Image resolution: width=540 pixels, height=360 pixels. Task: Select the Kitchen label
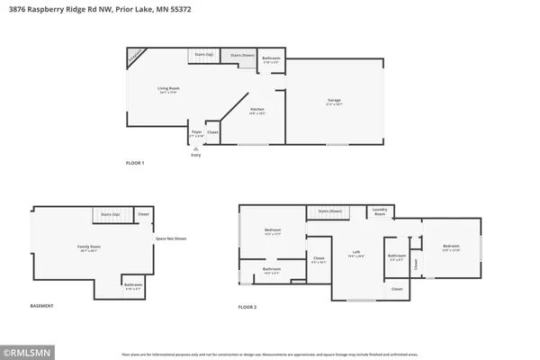tap(258, 110)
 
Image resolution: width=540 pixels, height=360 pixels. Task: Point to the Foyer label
tap(196, 131)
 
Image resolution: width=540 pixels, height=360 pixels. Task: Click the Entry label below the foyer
tap(196, 155)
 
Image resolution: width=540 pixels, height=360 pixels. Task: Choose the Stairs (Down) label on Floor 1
tap(238, 55)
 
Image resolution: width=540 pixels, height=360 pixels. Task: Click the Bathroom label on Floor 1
tap(271, 58)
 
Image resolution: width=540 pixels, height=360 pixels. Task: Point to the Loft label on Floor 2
tap(356, 253)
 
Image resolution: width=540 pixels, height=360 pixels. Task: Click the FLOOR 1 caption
tap(135, 163)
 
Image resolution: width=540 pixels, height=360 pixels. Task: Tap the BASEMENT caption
tap(42, 306)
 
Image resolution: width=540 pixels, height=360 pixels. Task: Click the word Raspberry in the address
tap(63, 8)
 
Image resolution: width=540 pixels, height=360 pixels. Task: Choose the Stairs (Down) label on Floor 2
tap(329, 211)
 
